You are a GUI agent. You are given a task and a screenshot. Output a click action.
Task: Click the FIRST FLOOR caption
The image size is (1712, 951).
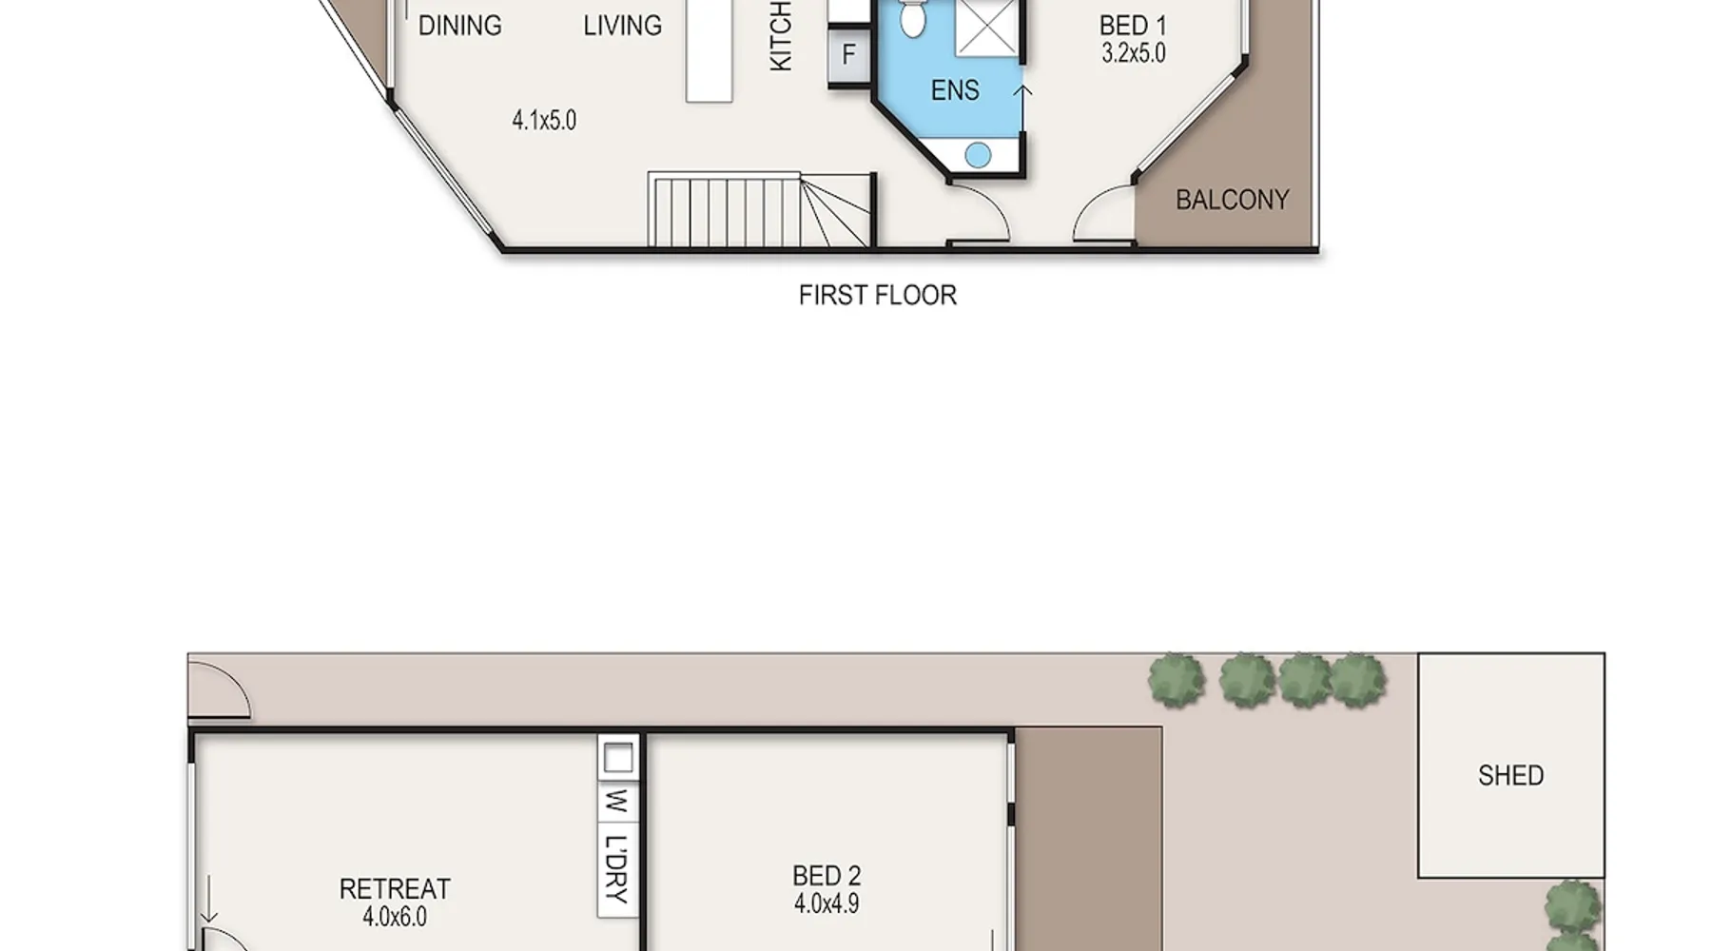click(x=877, y=296)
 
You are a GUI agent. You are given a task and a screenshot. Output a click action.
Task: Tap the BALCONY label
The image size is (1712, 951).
click(x=1233, y=200)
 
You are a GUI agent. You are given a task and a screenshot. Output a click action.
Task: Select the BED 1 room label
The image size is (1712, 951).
click(x=1133, y=26)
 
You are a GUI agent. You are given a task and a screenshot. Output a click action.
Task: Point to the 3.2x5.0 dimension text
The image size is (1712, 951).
click(x=1133, y=53)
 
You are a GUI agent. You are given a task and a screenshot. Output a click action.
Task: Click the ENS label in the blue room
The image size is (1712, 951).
click(x=955, y=90)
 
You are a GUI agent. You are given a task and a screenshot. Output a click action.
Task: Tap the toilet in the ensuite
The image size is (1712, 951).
click(x=912, y=17)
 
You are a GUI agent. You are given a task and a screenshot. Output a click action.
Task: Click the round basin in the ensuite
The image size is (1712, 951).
click(x=978, y=155)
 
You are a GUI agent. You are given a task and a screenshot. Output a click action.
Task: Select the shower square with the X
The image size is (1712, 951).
click(x=987, y=27)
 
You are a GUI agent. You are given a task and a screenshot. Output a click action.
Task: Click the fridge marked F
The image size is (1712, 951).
click(x=848, y=55)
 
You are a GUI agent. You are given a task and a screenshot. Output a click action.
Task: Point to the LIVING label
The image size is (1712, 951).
click(x=622, y=26)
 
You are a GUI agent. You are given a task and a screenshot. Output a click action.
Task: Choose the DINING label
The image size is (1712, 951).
click(x=459, y=26)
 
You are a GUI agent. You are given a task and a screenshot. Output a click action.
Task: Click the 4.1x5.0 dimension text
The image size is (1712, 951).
click(x=544, y=121)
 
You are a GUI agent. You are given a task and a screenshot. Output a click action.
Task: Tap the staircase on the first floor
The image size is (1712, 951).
click(x=759, y=210)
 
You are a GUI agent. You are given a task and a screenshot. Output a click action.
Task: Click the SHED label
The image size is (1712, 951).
click(x=1510, y=776)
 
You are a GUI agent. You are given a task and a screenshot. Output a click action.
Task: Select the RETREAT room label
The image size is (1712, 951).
click(x=395, y=889)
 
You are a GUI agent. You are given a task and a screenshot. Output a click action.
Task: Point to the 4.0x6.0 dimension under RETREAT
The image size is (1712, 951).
click(x=395, y=917)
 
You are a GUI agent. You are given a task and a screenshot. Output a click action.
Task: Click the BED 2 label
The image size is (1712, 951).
click(x=827, y=876)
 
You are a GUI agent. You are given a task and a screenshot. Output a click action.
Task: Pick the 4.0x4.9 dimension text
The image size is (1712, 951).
click(x=827, y=903)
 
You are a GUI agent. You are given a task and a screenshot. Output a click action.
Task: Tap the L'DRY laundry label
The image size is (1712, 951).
click(x=617, y=868)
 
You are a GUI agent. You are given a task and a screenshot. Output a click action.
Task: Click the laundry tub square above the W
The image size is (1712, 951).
click(x=618, y=759)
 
